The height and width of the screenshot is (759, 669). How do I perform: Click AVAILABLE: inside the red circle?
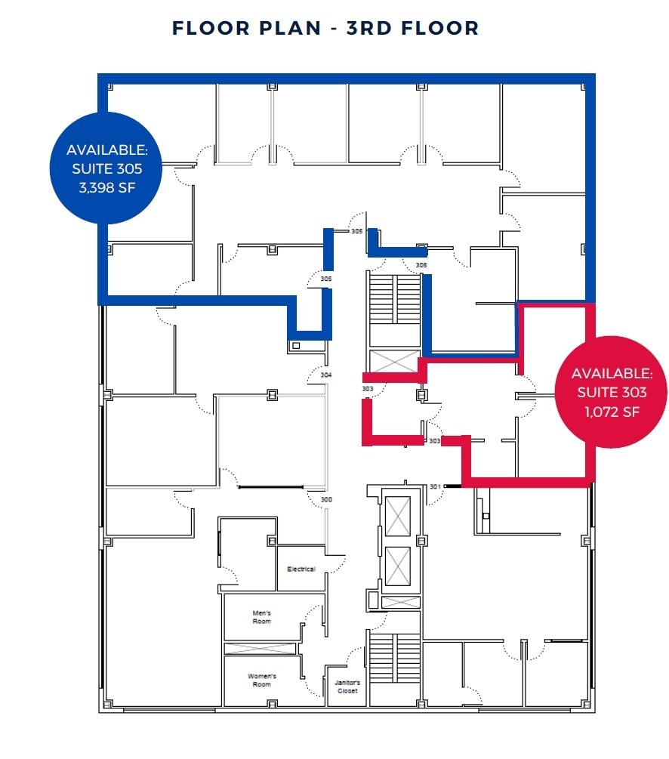612,373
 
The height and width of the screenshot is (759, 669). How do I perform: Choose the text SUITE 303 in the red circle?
612,392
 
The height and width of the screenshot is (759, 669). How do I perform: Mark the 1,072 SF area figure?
612,412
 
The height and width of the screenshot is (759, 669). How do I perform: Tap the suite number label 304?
326,375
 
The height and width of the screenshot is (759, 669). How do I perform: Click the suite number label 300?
326,500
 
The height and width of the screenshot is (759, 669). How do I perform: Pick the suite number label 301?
435,486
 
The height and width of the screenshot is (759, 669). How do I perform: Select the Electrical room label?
301,569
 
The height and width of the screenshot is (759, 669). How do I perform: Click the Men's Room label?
261,617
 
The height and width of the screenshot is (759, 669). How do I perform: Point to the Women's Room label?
261,680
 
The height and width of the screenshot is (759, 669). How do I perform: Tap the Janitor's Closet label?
347,686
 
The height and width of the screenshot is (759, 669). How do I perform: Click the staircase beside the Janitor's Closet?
395,668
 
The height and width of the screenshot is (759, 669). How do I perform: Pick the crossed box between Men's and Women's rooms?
261,649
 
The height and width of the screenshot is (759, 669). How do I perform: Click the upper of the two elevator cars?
397,517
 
